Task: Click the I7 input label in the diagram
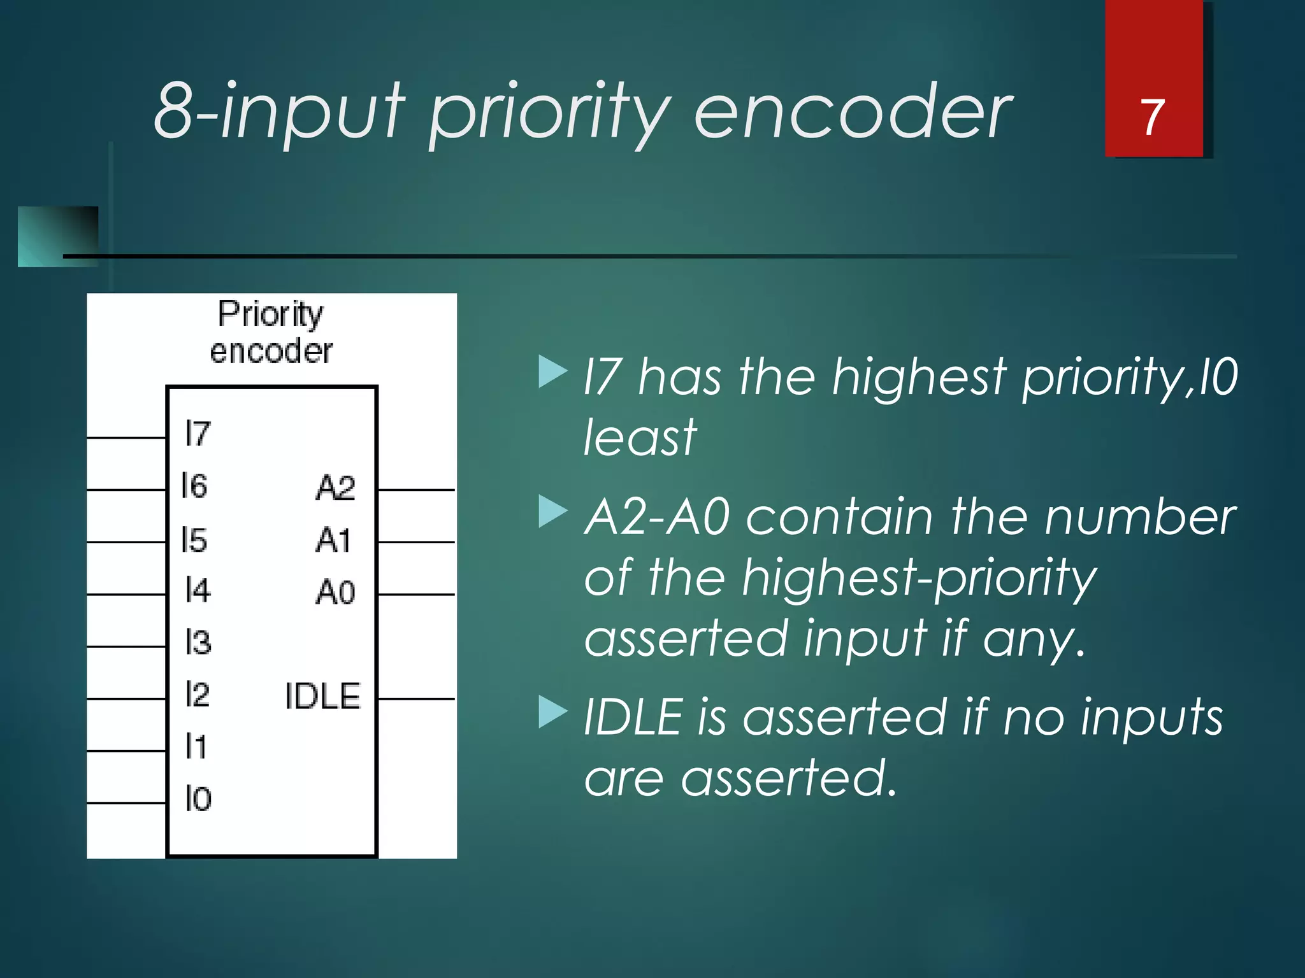tap(198, 434)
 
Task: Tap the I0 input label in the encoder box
tap(198, 798)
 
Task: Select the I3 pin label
tap(198, 642)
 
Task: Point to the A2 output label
tap(335, 488)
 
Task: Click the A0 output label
tap(335, 592)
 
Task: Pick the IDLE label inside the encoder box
tap(322, 696)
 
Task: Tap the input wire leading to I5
tap(126, 542)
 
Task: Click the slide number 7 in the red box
tap(1152, 118)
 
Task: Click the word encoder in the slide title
tap(852, 113)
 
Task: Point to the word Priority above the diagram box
tap(270, 314)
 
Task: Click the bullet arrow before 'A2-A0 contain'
tap(552, 512)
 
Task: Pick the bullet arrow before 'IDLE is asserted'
tap(552, 712)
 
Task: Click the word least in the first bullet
tap(639, 437)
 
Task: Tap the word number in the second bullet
tap(1140, 517)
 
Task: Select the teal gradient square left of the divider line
tap(58, 236)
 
